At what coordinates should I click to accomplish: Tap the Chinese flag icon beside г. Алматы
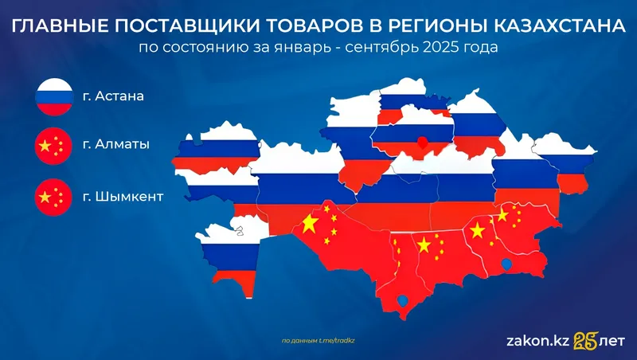[x=53, y=147]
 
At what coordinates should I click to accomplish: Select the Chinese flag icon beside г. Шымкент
[x=53, y=195]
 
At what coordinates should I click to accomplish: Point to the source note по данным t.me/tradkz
[x=318, y=340]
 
